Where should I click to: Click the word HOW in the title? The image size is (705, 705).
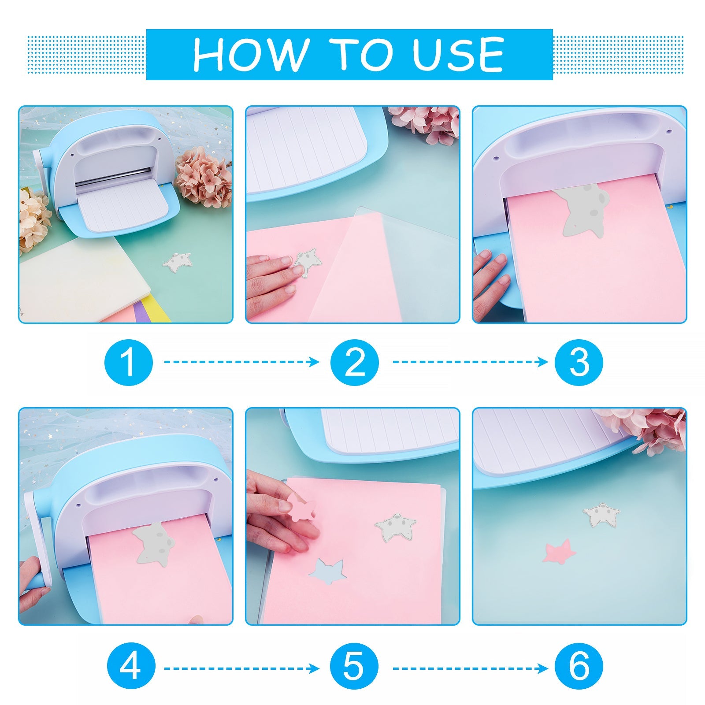click(250, 55)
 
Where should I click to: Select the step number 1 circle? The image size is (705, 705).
click(128, 362)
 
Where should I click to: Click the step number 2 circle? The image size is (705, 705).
click(355, 362)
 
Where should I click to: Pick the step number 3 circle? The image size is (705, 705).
click(579, 362)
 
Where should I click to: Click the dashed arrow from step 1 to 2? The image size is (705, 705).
click(242, 362)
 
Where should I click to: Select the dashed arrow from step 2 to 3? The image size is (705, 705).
click(470, 362)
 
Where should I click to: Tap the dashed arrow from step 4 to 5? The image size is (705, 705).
click(242, 669)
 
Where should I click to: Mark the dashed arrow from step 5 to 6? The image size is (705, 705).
click(470, 669)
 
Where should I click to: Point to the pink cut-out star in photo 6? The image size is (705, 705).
click(557, 551)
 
